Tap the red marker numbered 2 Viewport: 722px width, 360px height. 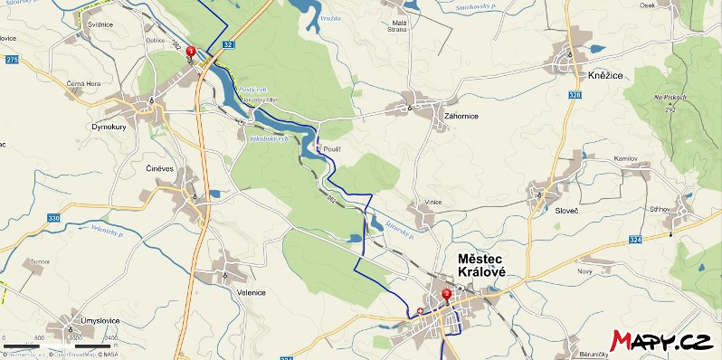pyautogui.click(x=446, y=295)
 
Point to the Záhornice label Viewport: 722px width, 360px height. pyautogui.click(x=462, y=117)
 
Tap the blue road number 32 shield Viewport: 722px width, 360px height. pyautogui.click(x=227, y=43)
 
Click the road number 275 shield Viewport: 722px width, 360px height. pyautogui.click(x=11, y=59)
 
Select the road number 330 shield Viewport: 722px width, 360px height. pyautogui.click(x=53, y=218)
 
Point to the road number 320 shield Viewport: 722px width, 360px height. pyautogui.click(x=576, y=94)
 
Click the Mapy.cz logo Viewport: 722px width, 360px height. pyautogui.click(x=660, y=340)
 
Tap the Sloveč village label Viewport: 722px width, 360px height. pyautogui.click(x=568, y=210)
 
